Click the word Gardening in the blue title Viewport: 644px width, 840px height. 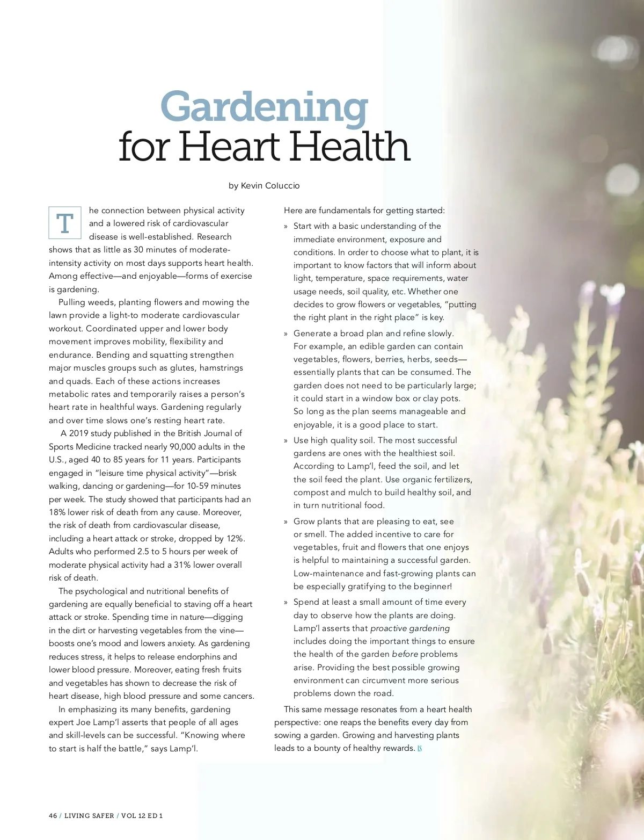tap(264, 107)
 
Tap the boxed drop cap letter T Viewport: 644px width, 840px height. tap(65, 223)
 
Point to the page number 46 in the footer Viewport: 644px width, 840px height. tap(53, 815)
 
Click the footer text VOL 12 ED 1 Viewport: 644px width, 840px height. tap(142, 815)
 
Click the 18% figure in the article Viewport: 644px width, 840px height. tap(57, 512)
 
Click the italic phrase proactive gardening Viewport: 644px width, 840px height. tap(410, 628)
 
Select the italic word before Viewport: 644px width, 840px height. tap(405, 654)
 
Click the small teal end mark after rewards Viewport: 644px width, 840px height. tap(420, 749)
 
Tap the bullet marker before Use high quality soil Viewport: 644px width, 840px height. tap(286, 441)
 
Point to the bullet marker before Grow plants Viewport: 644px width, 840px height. tap(286, 522)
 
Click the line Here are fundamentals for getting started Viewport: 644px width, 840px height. tap(364, 211)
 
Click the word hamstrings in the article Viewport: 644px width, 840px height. tap(221, 368)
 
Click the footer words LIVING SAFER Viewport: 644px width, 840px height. tap(89, 815)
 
